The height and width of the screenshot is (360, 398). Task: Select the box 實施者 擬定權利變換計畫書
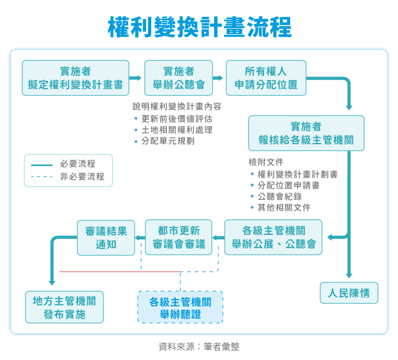(x=75, y=78)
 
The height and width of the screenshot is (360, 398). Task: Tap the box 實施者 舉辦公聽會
(x=179, y=78)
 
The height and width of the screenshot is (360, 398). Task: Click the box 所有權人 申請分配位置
(x=266, y=78)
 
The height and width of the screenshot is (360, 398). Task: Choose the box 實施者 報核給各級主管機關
(x=306, y=133)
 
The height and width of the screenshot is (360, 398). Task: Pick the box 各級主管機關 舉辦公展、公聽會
(x=273, y=237)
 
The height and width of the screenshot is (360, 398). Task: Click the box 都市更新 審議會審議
(x=178, y=237)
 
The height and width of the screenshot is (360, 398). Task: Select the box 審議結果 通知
(x=106, y=237)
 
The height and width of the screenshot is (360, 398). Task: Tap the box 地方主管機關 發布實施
(x=64, y=308)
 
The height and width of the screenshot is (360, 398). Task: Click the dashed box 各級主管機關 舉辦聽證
(x=180, y=308)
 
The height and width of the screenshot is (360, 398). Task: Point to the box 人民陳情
(x=349, y=293)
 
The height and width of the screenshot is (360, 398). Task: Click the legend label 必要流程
(x=77, y=164)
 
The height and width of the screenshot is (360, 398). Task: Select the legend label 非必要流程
(x=82, y=177)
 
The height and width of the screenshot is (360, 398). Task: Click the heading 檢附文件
(x=266, y=162)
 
